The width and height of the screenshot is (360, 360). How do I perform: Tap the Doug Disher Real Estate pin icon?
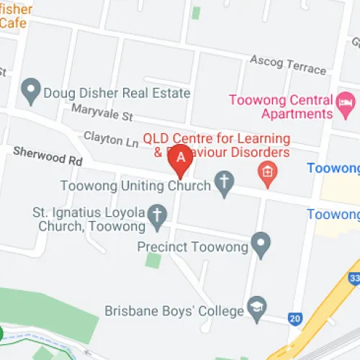click(30, 91)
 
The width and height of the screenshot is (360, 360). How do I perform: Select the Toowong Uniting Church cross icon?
click(224, 185)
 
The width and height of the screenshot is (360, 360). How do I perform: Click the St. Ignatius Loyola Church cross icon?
click(156, 214)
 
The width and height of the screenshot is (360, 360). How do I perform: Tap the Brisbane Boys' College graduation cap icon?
click(256, 307)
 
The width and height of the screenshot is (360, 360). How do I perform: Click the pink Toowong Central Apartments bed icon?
click(345, 105)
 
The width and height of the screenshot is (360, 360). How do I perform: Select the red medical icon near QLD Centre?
click(268, 173)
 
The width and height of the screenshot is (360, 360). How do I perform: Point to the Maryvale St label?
click(102, 112)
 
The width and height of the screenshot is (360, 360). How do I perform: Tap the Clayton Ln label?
click(110, 138)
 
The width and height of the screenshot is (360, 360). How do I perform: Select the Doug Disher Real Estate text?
click(117, 93)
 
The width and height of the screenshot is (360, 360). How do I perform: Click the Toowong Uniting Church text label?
click(135, 185)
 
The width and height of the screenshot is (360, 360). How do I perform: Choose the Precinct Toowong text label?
click(192, 247)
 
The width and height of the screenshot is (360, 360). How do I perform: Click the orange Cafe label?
click(13, 22)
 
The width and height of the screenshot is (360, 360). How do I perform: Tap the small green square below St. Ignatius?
click(153, 259)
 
